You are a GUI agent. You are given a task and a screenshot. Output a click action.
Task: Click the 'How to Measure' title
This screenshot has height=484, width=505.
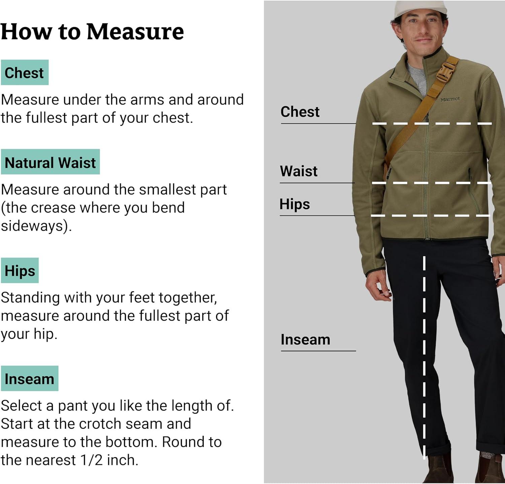click(92, 32)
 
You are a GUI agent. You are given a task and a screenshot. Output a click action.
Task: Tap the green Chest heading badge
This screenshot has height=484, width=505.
click(25, 72)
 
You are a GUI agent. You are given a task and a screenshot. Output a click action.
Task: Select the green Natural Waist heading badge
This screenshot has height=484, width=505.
click(50, 162)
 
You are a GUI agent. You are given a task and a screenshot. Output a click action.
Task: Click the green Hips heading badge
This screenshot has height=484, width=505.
click(20, 270)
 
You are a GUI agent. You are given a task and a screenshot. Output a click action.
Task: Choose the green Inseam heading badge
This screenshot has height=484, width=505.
click(30, 378)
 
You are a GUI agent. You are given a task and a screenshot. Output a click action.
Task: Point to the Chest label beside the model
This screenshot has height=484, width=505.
click(300, 111)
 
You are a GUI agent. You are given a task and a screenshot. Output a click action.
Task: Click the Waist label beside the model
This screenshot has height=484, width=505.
click(299, 171)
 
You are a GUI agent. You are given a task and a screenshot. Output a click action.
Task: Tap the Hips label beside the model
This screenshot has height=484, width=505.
click(295, 204)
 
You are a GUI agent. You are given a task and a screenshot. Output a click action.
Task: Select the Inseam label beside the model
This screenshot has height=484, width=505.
click(305, 340)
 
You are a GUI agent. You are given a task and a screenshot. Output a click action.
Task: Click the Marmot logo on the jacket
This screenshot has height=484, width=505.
click(450, 99)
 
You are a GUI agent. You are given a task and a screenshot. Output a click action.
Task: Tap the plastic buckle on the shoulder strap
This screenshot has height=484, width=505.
click(443, 72)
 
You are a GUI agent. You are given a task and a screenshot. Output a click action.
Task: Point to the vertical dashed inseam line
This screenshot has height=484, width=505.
click(424, 357)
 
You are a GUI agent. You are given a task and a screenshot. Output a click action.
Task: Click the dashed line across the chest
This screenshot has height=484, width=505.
click(432, 124)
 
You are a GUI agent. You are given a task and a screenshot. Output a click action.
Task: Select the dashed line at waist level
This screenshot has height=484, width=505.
click(432, 183)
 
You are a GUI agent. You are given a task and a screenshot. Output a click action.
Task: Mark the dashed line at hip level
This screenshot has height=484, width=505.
click(430, 215)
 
